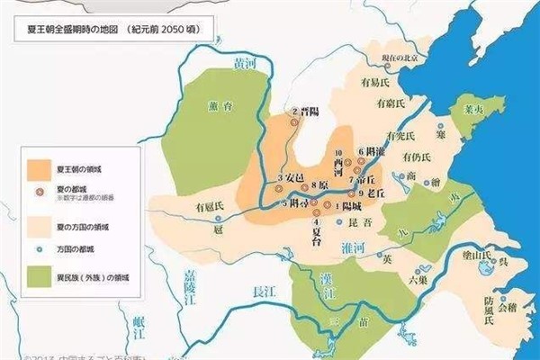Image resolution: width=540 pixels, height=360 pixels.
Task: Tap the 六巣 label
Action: tap(417, 280)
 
